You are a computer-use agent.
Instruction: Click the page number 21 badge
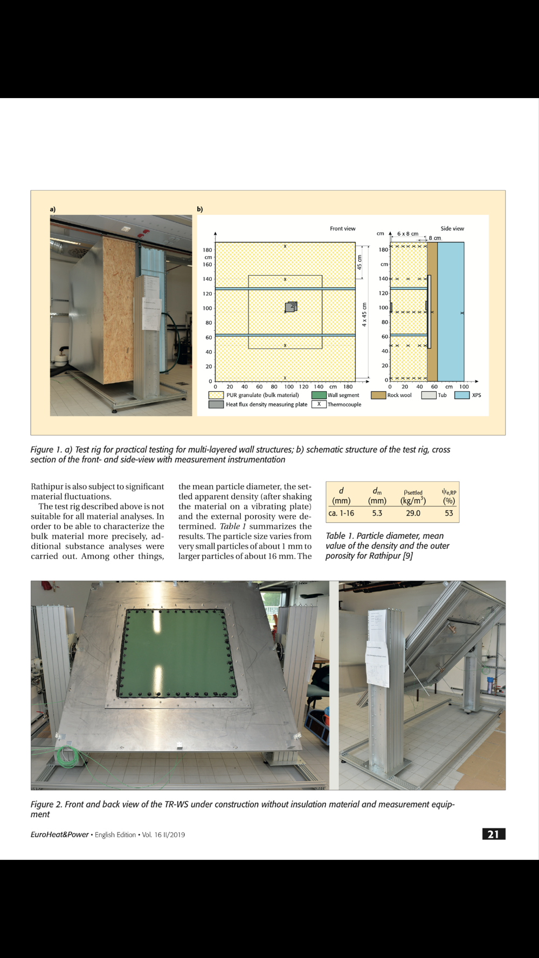493,834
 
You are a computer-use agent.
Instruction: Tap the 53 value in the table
449,513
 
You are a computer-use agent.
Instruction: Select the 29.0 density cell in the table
413,513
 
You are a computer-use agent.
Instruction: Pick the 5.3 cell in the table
377,513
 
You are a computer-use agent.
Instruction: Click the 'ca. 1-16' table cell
341,513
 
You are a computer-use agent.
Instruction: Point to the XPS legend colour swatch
462,395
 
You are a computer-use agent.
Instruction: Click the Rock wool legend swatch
378,395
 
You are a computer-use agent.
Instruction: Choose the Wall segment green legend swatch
319,395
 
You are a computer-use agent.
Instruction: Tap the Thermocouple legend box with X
319,405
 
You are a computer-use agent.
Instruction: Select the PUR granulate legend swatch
216,395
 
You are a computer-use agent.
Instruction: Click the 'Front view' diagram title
342,228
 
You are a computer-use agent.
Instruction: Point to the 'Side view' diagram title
452,228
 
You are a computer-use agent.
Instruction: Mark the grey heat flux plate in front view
290,307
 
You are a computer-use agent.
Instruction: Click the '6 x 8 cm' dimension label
407,234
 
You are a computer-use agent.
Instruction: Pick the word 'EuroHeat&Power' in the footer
59,835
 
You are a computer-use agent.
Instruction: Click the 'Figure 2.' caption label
46,804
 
